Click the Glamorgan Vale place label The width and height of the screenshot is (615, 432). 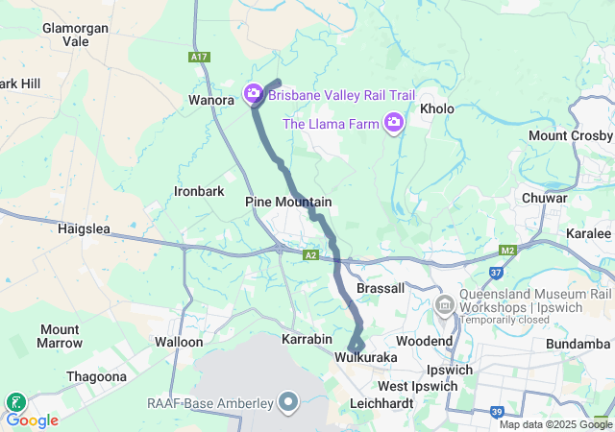click(x=75, y=36)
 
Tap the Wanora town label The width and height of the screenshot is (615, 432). click(x=211, y=100)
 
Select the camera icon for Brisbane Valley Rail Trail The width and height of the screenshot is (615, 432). click(x=254, y=94)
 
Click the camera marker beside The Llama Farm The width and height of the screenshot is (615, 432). click(x=393, y=122)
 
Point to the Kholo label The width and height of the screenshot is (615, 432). click(x=437, y=109)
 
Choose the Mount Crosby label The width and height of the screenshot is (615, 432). click(x=569, y=135)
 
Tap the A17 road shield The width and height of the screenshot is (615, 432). click(x=199, y=58)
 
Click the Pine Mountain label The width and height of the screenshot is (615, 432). click(x=288, y=202)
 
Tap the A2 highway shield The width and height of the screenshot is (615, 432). click(x=310, y=254)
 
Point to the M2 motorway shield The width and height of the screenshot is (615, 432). click(x=509, y=251)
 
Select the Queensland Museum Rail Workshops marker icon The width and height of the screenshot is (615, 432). click(x=444, y=305)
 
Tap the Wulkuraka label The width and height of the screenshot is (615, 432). click(x=366, y=357)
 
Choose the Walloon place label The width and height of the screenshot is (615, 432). click(x=179, y=342)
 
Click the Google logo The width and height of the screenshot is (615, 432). click(x=33, y=420)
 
